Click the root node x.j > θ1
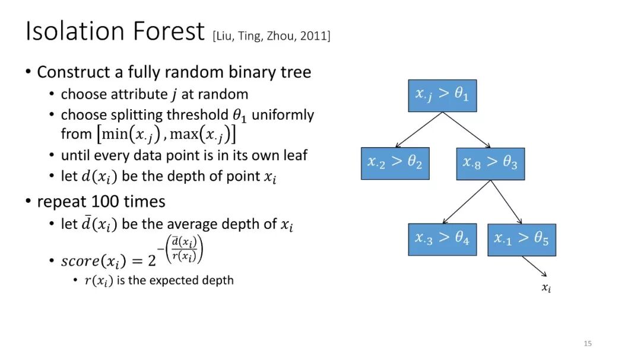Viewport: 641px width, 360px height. coord(442,95)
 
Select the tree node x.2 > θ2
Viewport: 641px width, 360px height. coord(395,164)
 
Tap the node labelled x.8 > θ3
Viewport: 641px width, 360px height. coord(490,164)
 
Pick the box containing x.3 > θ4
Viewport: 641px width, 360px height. coord(442,240)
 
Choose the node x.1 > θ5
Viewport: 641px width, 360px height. coord(522,240)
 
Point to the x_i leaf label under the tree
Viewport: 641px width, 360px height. coord(547,288)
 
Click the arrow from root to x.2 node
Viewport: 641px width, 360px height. coord(419,129)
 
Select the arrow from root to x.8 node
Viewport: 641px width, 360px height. coord(467,130)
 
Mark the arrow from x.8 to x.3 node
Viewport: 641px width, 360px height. coord(467,202)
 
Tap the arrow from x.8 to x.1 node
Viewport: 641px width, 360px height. coord(506,202)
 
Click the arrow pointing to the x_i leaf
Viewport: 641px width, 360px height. coord(534,266)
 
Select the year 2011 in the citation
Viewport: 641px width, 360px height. coord(313,36)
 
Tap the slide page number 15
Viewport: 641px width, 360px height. coord(588,343)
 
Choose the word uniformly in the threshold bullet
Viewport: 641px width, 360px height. coord(283,115)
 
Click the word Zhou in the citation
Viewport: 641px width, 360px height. coord(280,36)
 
